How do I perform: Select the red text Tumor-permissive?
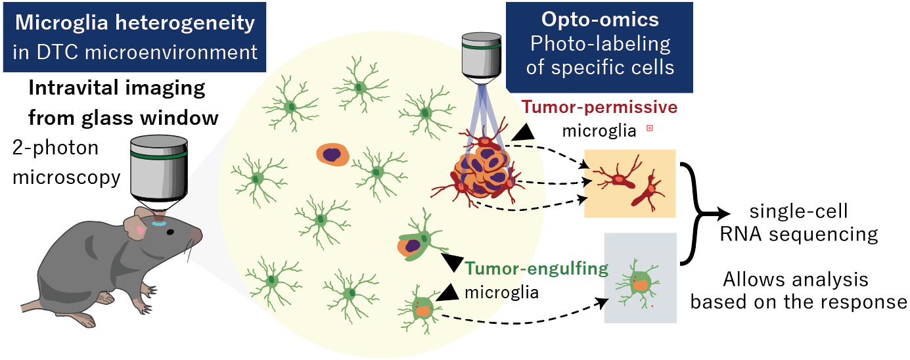pyautogui.click(x=599, y=106)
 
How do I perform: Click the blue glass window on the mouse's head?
pyautogui.click(x=160, y=223)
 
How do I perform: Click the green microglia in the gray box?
pyautogui.click(x=638, y=283)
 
